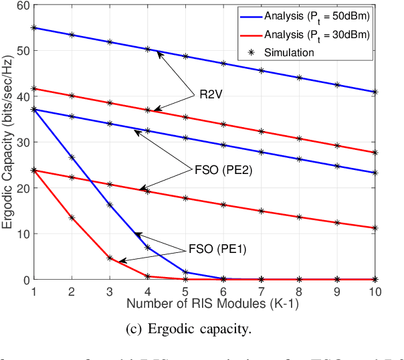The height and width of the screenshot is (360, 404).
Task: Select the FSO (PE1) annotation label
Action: (208, 250)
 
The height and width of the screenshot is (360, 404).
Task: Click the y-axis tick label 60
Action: (22, 5)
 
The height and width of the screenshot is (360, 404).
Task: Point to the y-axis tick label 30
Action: (22, 143)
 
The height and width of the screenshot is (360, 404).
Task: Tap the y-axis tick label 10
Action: (22, 234)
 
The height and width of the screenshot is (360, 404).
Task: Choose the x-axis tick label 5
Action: (185, 288)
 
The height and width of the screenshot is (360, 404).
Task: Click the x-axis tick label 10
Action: (375, 288)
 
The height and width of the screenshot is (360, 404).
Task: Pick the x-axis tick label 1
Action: (33, 288)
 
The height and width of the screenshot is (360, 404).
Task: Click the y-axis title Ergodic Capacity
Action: (8, 143)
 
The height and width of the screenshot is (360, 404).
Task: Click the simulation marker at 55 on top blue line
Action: (33, 28)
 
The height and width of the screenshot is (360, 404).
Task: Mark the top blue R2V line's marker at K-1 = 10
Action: (375, 92)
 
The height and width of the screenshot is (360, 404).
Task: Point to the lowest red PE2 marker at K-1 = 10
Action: (375, 228)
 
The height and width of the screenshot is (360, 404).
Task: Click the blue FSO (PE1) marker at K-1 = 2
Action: (72, 157)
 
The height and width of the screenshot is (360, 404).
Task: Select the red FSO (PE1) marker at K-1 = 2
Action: (72, 217)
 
